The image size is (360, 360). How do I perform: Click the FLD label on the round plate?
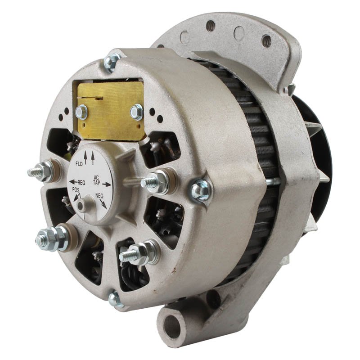(79, 164)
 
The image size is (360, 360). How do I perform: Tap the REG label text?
(81, 183)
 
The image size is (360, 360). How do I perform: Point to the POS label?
(76, 189)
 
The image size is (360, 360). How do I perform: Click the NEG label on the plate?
(99, 196)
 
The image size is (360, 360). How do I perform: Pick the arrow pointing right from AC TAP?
(107, 184)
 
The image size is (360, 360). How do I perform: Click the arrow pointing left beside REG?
(73, 182)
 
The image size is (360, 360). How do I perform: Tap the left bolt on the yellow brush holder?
(81, 112)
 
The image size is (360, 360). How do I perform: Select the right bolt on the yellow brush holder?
(137, 112)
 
